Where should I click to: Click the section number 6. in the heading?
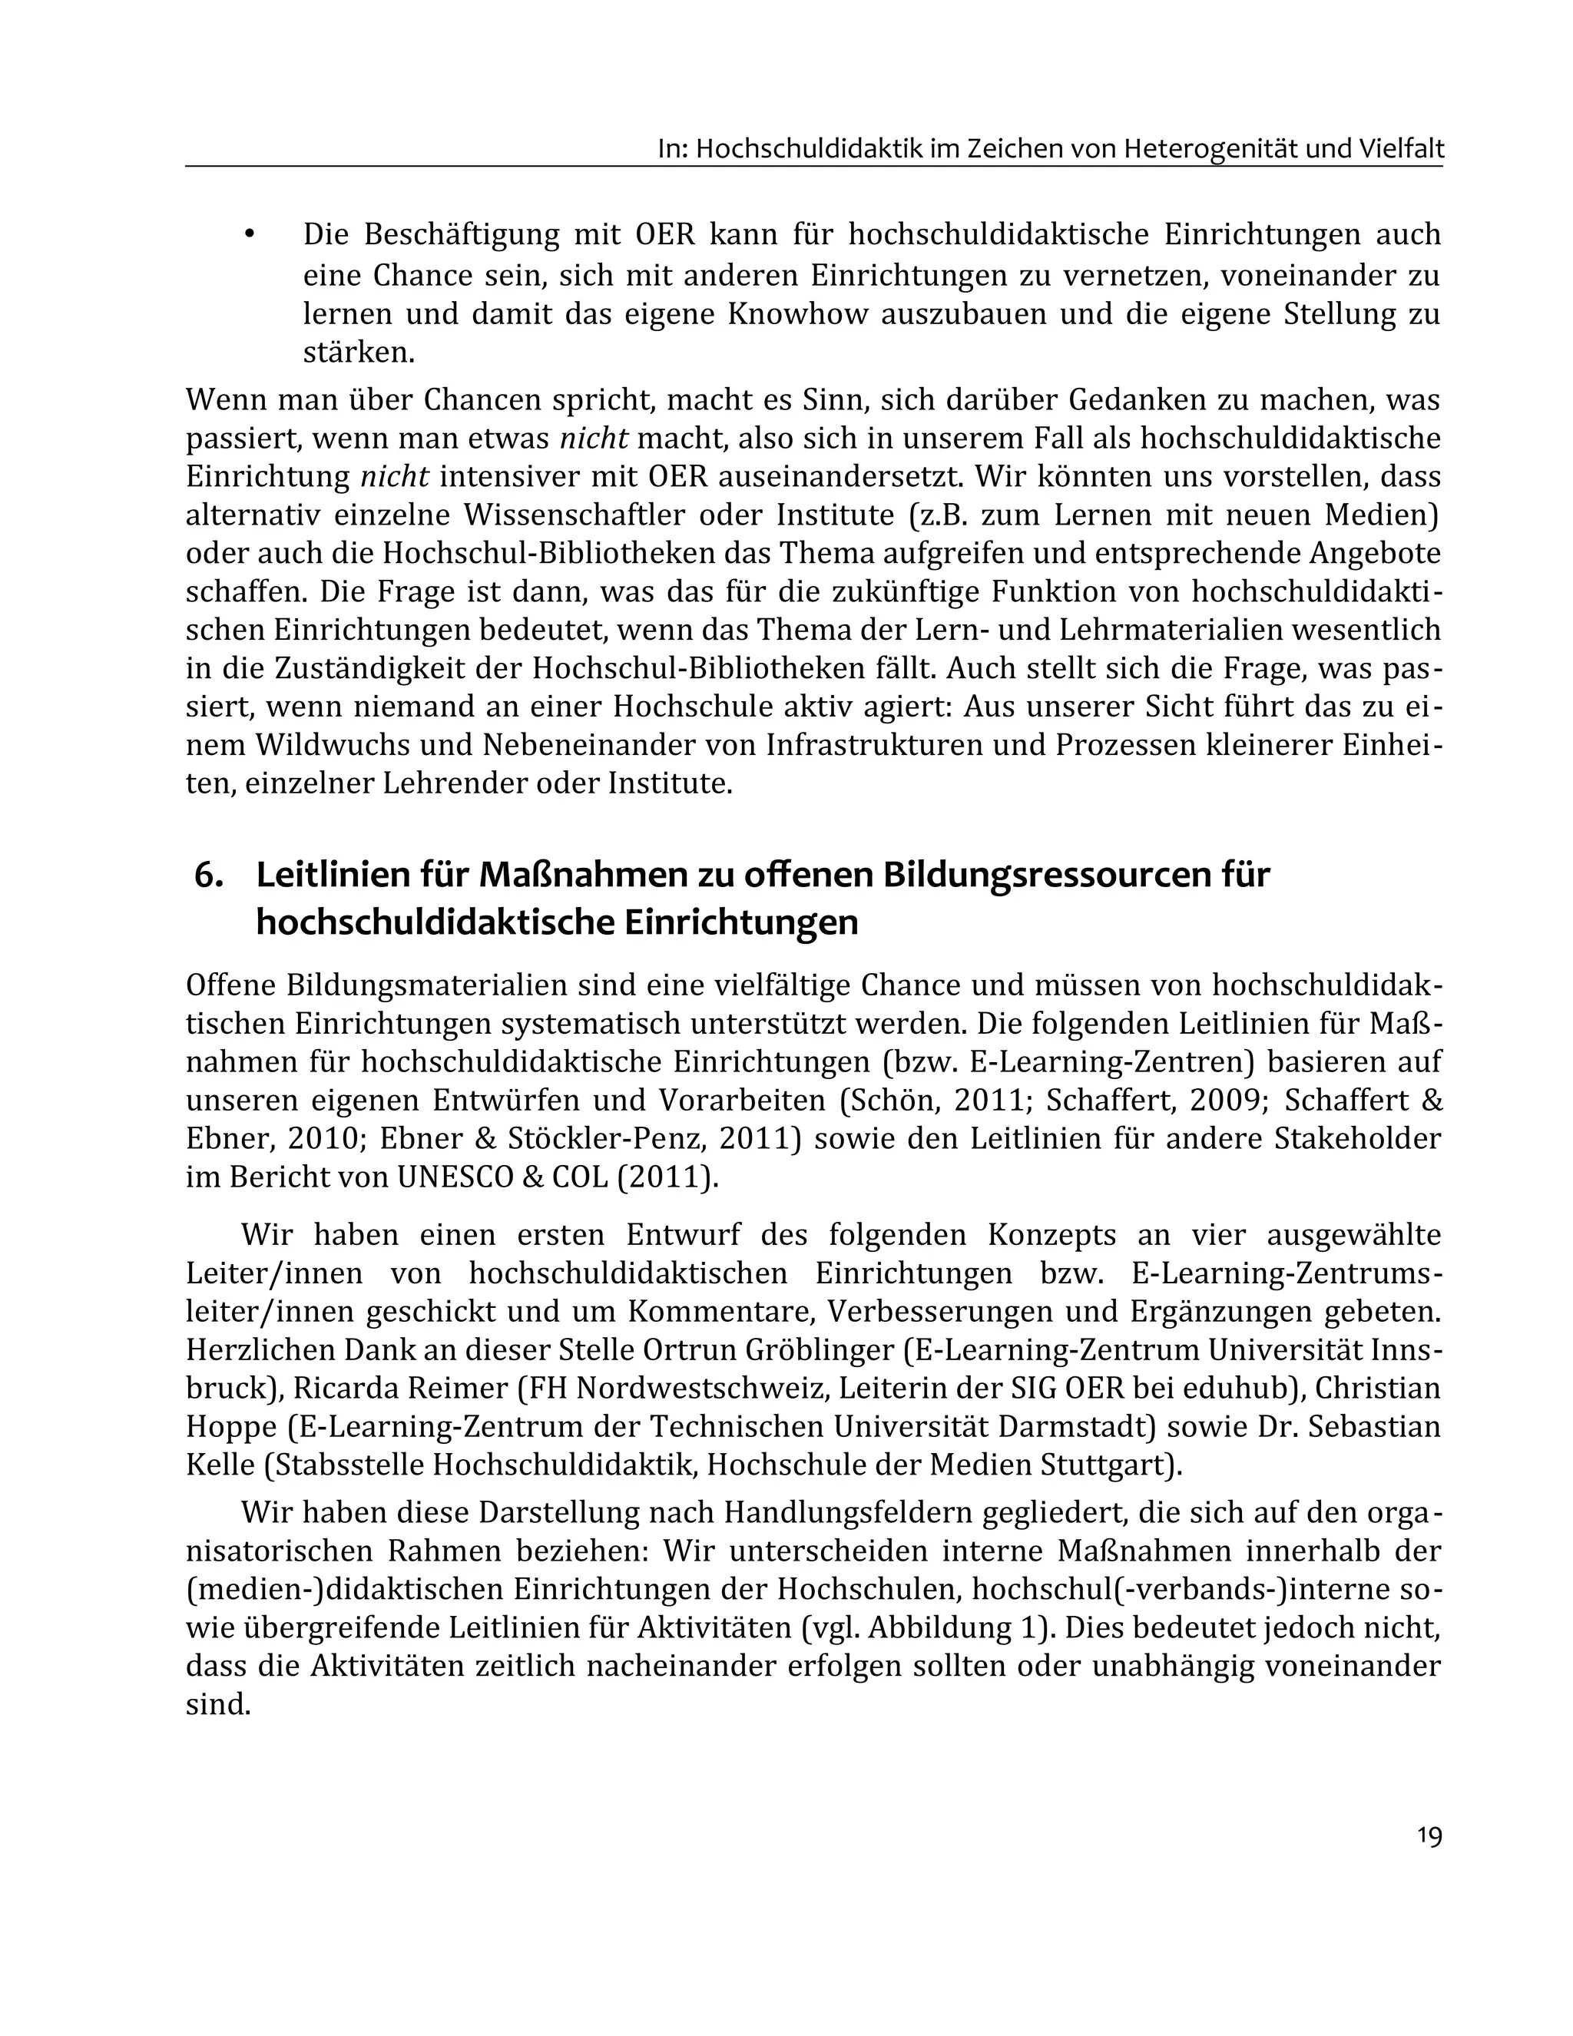[x=209, y=876]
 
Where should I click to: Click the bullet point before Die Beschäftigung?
[x=249, y=236]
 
